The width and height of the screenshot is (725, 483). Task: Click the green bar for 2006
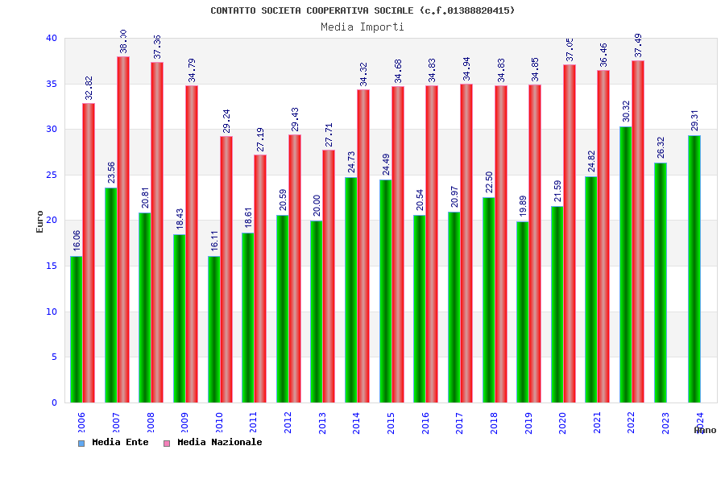point(76,329)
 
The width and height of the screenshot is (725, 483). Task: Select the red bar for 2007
point(123,229)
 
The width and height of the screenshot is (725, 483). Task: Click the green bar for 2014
point(350,290)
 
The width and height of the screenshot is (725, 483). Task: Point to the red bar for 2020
point(570,233)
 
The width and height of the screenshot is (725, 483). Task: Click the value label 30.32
point(626,112)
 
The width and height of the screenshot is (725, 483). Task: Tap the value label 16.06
point(77,241)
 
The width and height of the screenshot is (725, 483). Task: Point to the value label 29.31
point(694,121)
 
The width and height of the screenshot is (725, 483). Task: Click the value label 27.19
point(260,140)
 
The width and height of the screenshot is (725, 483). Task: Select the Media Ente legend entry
point(114,443)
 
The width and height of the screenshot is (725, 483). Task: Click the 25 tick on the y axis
point(52,175)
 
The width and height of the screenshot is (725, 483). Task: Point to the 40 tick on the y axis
point(52,38)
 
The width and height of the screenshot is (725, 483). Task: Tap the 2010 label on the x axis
point(219,423)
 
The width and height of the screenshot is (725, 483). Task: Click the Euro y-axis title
point(40,221)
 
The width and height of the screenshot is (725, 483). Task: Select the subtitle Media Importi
point(362,27)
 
